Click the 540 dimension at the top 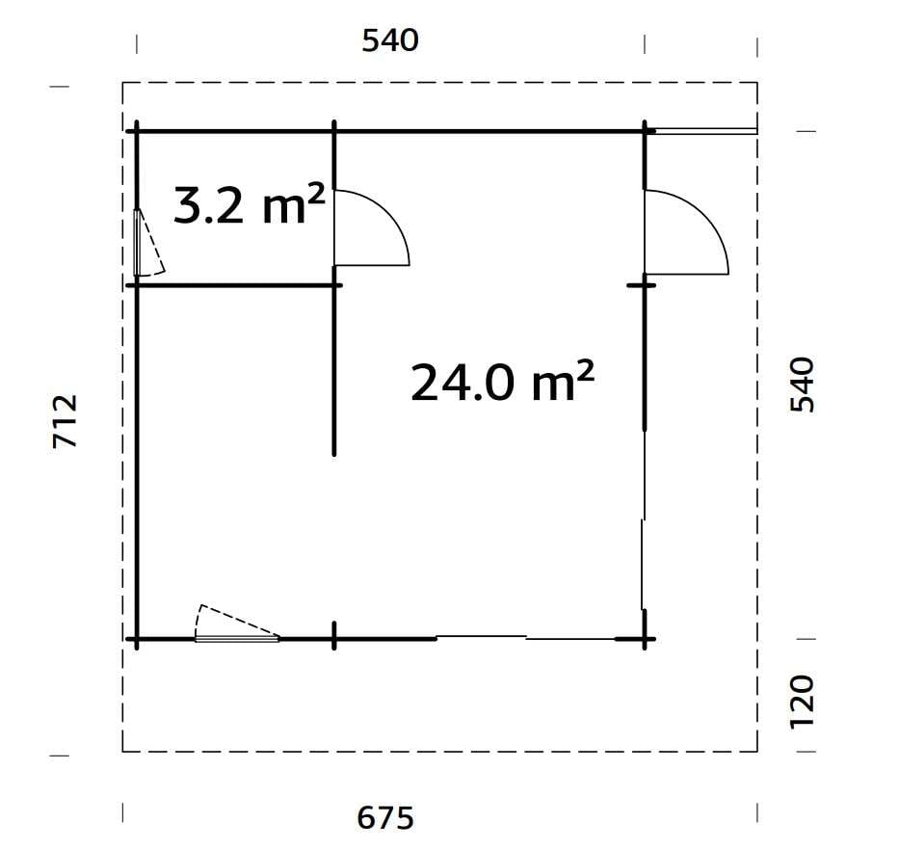coord(390,41)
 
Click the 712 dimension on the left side coord(65,421)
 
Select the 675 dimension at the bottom coord(385,818)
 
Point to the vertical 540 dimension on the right coord(802,385)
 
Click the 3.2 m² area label coord(248,205)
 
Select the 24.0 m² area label coord(501,382)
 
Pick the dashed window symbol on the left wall coord(146,244)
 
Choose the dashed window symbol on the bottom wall coord(235,624)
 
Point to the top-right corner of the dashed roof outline coord(757,84)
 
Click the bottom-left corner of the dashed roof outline coord(123,751)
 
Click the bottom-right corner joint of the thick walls coord(644,638)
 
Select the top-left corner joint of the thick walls coord(137,130)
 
